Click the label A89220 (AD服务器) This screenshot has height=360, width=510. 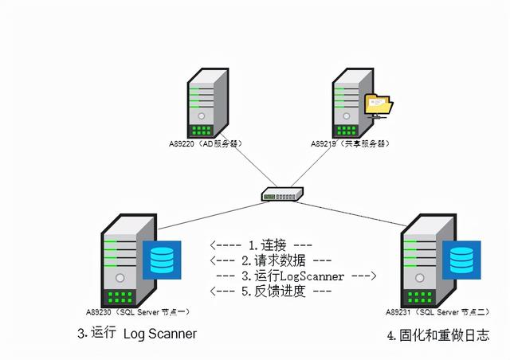point(205,144)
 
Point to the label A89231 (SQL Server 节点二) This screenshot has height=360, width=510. point(434,311)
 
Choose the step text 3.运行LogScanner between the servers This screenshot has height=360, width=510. point(296,276)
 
